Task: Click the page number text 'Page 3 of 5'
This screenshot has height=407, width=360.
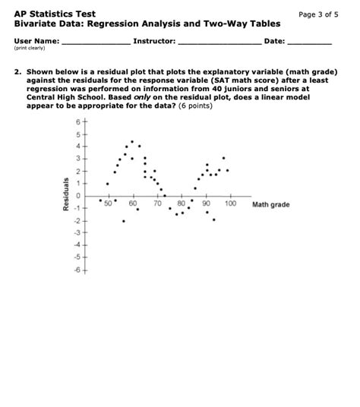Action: [322, 14]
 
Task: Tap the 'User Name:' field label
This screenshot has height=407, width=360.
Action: [36, 39]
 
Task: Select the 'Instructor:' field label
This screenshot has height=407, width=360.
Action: [154, 39]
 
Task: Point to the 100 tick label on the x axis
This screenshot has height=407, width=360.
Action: [230, 204]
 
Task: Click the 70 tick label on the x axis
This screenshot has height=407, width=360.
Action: [157, 204]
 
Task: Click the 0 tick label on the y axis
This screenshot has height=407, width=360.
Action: [77, 196]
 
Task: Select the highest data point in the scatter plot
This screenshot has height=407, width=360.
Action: [132, 141]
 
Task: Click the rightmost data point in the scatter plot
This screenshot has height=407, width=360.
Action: [227, 170]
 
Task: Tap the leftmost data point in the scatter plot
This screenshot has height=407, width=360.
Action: [101, 200]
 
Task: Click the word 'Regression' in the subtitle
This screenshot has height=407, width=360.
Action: [115, 25]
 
